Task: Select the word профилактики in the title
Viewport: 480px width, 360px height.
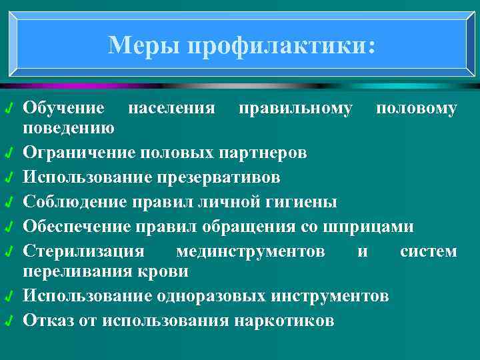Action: click(x=281, y=45)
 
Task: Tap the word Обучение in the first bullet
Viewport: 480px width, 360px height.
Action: click(x=63, y=108)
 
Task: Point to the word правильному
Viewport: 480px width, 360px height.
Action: click(x=295, y=108)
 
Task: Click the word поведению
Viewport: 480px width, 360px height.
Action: click(x=68, y=127)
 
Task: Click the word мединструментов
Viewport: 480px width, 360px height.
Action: click(x=251, y=252)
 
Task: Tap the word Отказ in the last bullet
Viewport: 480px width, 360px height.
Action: click(x=44, y=320)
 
